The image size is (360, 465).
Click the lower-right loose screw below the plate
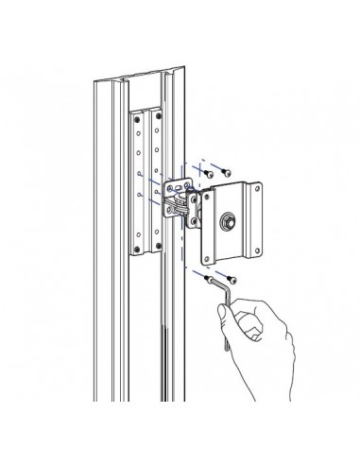tap(232, 280)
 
